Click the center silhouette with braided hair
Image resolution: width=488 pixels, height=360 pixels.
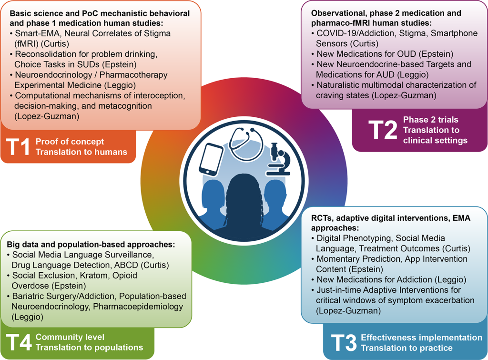pyautogui.click(x=244, y=200)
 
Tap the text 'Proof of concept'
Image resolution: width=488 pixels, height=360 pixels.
pyautogui.click(x=70, y=142)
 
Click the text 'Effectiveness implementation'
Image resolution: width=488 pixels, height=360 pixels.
pyautogui.click(x=421, y=338)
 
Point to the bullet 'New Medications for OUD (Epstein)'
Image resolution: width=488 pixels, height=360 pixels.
pyautogui.click(x=385, y=54)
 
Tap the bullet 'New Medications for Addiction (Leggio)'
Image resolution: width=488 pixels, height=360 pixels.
pyautogui.click(x=388, y=279)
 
